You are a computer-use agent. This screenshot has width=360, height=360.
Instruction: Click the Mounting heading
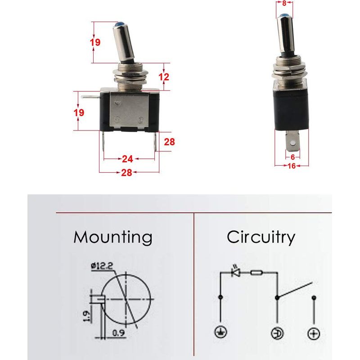point(113,238)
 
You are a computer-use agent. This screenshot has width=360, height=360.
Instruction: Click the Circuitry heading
point(261,238)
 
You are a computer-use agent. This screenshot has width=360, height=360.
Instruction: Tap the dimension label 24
point(127,159)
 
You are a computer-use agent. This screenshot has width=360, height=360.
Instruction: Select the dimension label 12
point(164,77)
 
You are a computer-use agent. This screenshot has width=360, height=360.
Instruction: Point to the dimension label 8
point(284,3)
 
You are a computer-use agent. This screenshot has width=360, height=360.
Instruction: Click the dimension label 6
point(292,157)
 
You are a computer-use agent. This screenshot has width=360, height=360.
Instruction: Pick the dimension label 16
point(292,166)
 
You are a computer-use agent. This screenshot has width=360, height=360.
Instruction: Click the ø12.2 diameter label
point(102,266)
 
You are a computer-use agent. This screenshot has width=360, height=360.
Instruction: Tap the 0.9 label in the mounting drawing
point(118,333)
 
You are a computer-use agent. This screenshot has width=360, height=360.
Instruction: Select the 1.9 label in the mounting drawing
point(86,316)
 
